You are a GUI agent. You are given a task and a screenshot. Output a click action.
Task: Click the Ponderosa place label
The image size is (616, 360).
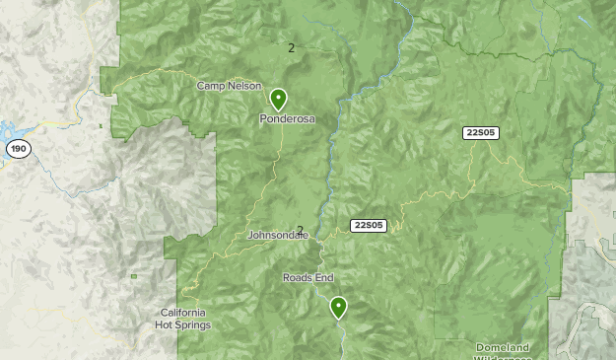287,119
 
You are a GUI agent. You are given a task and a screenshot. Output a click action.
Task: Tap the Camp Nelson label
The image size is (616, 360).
229,86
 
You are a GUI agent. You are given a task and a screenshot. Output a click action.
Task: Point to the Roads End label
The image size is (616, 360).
309,278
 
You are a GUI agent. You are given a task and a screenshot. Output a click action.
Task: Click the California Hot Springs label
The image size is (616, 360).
185,319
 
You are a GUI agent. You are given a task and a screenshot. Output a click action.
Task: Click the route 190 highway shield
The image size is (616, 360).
17,149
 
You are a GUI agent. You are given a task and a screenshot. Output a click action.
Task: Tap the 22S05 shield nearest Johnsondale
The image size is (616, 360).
368,225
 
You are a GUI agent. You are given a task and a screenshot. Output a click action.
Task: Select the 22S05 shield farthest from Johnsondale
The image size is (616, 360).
480,132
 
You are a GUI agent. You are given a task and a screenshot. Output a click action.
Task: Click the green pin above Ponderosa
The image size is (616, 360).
279,99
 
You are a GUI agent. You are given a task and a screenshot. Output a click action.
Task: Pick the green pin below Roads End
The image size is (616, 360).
339,307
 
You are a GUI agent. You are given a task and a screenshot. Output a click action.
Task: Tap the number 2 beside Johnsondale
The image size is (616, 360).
300,230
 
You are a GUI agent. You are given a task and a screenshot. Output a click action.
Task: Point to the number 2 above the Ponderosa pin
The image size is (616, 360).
291,46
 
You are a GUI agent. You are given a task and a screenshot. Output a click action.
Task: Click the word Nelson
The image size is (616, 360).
244,86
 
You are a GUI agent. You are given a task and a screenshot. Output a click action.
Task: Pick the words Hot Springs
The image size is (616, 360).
185,324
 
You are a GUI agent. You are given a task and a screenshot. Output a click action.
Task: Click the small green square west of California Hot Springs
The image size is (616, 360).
133,276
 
